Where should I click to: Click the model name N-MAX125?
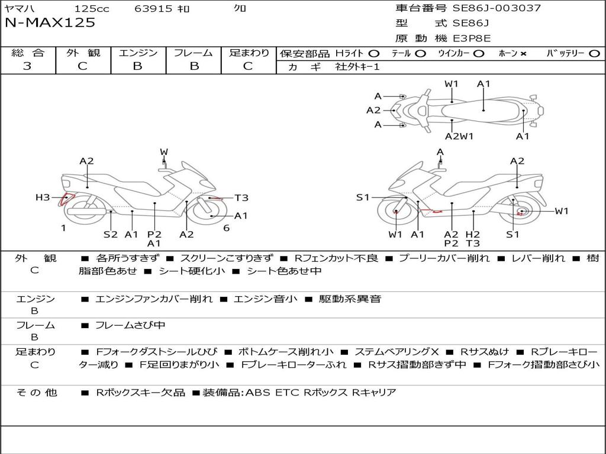[50, 23]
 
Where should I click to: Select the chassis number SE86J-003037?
[497, 8]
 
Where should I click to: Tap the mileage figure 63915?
[153, 8]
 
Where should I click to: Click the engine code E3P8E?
[472, 38]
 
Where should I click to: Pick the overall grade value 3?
[27, 66]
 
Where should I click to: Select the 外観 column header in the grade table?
[83, 53]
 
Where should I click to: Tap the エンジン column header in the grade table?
[138, 53]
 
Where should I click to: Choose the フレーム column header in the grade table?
[194, 53]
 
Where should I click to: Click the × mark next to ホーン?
[523, 53]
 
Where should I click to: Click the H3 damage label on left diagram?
[43, 197]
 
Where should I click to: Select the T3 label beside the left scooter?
[241, 198]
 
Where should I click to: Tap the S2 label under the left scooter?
[111, 234]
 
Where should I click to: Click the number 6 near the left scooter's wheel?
[226, 228]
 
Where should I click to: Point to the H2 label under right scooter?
[472, 234]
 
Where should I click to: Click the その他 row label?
[36, 392]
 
